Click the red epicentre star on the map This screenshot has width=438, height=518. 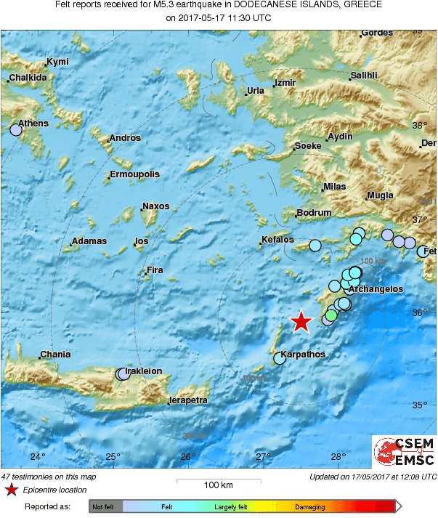pos(301,321)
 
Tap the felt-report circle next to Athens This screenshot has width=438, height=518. pos(16,130)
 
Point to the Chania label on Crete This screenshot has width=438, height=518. pos(56,355)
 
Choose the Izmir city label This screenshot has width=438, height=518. pos(285,83)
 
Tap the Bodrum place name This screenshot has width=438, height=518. pos(315,213)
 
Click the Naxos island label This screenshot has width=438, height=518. pos(155,206)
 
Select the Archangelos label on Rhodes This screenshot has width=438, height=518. pos(376,289)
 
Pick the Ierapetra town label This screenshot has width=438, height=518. pos(189,400)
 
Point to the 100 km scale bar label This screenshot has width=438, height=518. pos(218,485)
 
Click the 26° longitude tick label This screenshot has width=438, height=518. pos(187,457)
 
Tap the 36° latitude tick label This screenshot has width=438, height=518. pos(419,313)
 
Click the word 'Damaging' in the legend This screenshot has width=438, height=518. pos(309,506)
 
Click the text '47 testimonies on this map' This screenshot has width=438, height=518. pos(48,477)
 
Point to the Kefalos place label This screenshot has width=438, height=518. pos(278,240)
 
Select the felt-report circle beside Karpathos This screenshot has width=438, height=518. pos(279,358)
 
